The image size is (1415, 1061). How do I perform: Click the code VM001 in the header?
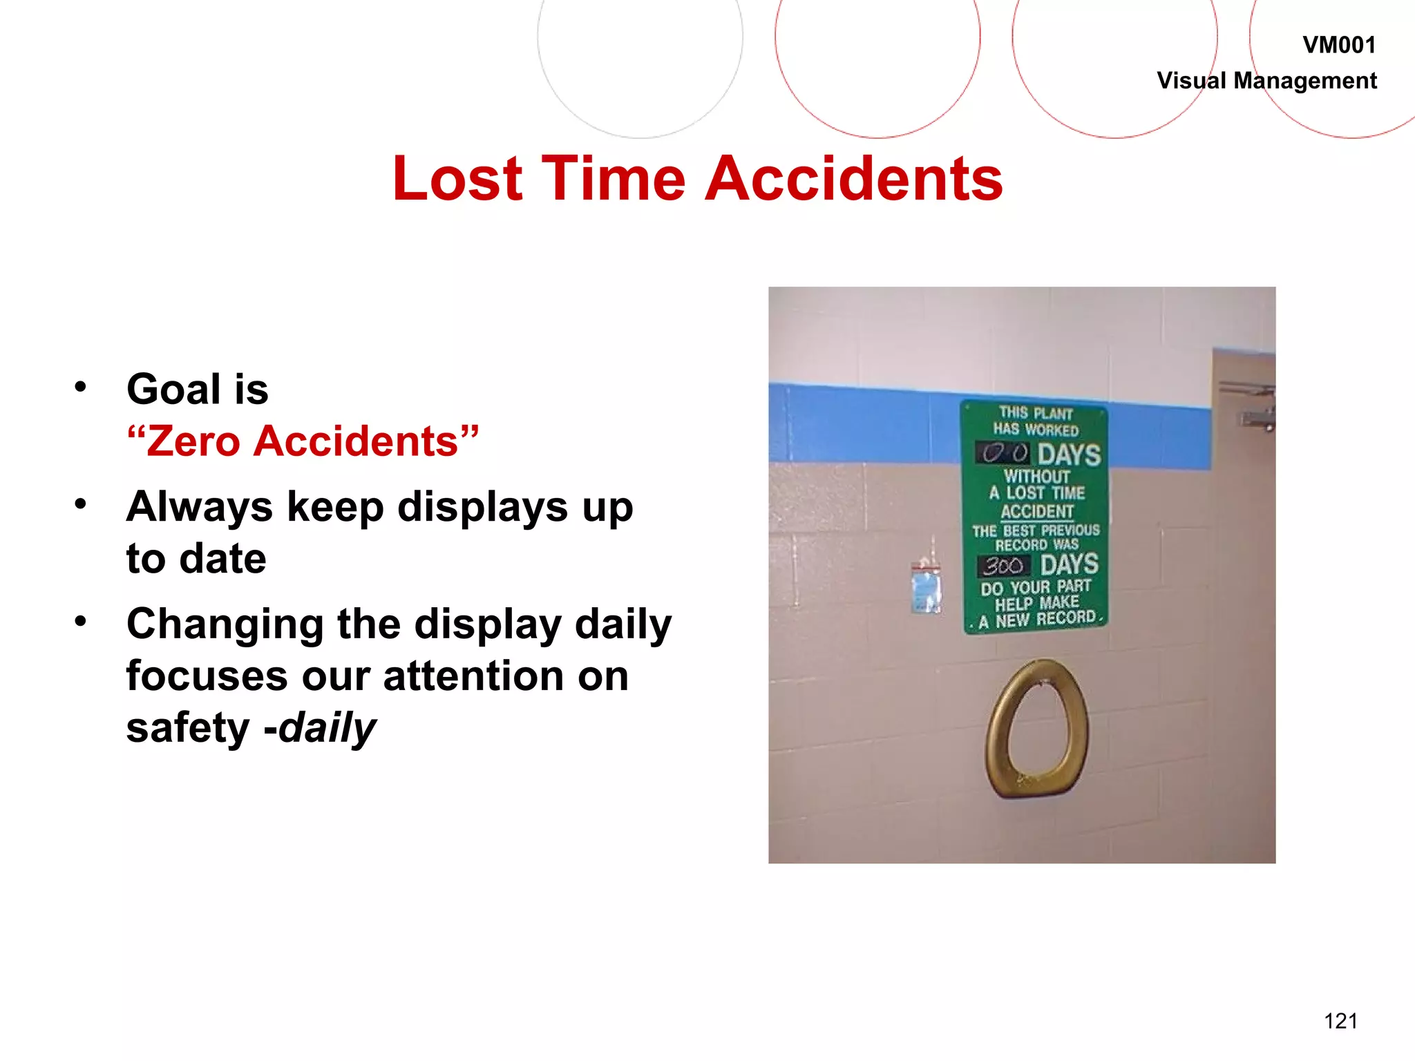[1339, 46]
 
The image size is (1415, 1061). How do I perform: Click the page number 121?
[1340, 1021]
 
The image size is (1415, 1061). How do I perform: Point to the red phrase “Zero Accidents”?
[303, 441]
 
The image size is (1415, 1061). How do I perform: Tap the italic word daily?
[327, 728]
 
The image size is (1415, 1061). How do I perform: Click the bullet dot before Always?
[81, 504]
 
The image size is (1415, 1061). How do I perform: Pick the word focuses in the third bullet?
[207, 676]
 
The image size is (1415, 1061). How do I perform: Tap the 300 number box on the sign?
[1003, 566]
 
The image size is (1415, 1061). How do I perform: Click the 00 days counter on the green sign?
[1003, 454]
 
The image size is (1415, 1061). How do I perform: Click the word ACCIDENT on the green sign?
[1037, 511]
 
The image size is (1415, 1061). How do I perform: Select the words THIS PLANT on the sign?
[1036, 413]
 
